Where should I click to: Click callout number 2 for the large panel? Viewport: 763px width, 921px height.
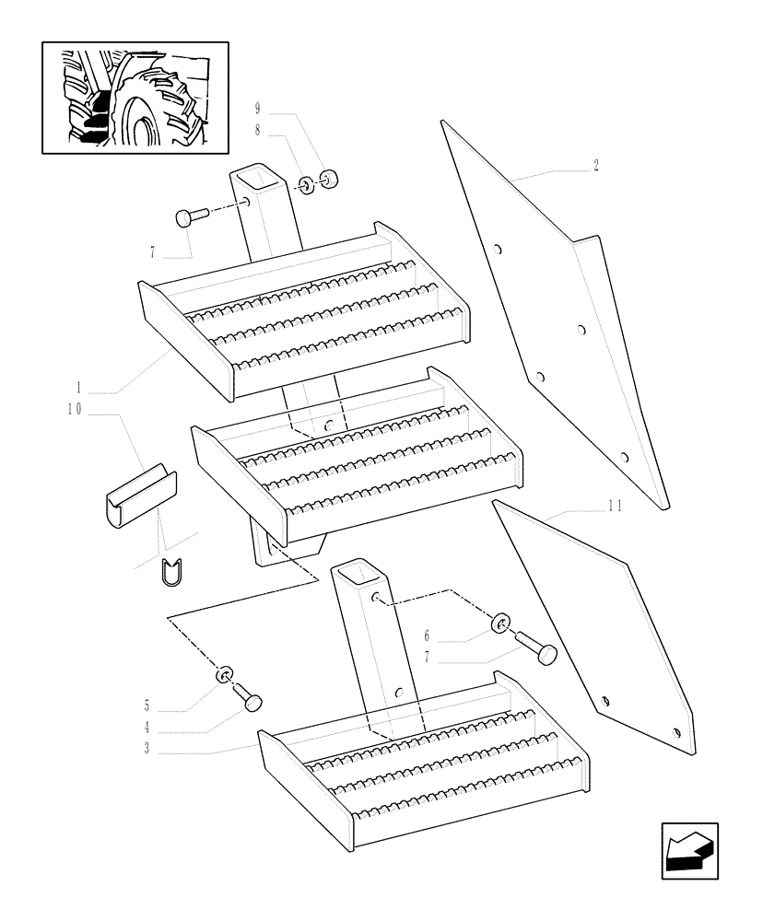tap(596, 167)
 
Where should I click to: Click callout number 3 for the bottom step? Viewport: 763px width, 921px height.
tap(147, 748)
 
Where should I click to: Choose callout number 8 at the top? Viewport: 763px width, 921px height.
tap(256, 132)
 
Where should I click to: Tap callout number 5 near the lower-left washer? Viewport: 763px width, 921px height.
tap(147, 706)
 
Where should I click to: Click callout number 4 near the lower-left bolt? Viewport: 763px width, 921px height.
tap(147, 728)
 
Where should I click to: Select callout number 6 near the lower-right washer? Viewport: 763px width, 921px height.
tap(427, 635)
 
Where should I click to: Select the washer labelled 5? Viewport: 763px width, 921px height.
tap(224, 677)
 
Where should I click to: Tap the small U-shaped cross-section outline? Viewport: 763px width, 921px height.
tap(172, 573)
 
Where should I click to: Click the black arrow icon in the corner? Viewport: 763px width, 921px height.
tap(689, 851)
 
